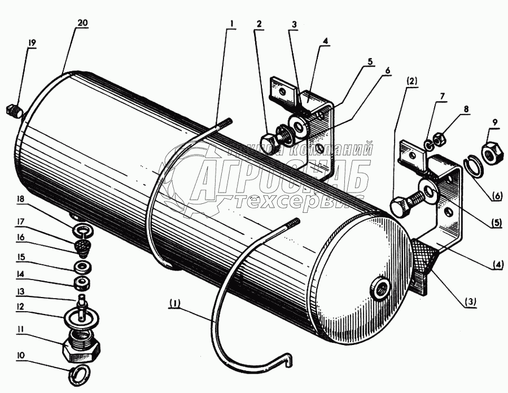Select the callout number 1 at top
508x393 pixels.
click(x=231, y=24)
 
